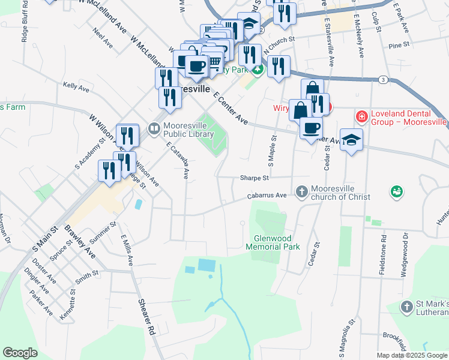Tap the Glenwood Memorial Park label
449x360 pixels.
tap(273, 242)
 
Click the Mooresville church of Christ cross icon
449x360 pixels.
tap(301, 189)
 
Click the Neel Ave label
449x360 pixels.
tap(103, 41)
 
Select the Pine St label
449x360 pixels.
tap(399, 45)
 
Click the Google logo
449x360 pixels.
tap(20, 353)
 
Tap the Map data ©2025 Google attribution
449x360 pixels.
tap(412, 355)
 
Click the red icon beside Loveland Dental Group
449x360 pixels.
tap(361, 116)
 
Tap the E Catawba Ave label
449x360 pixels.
tap(178, 161)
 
